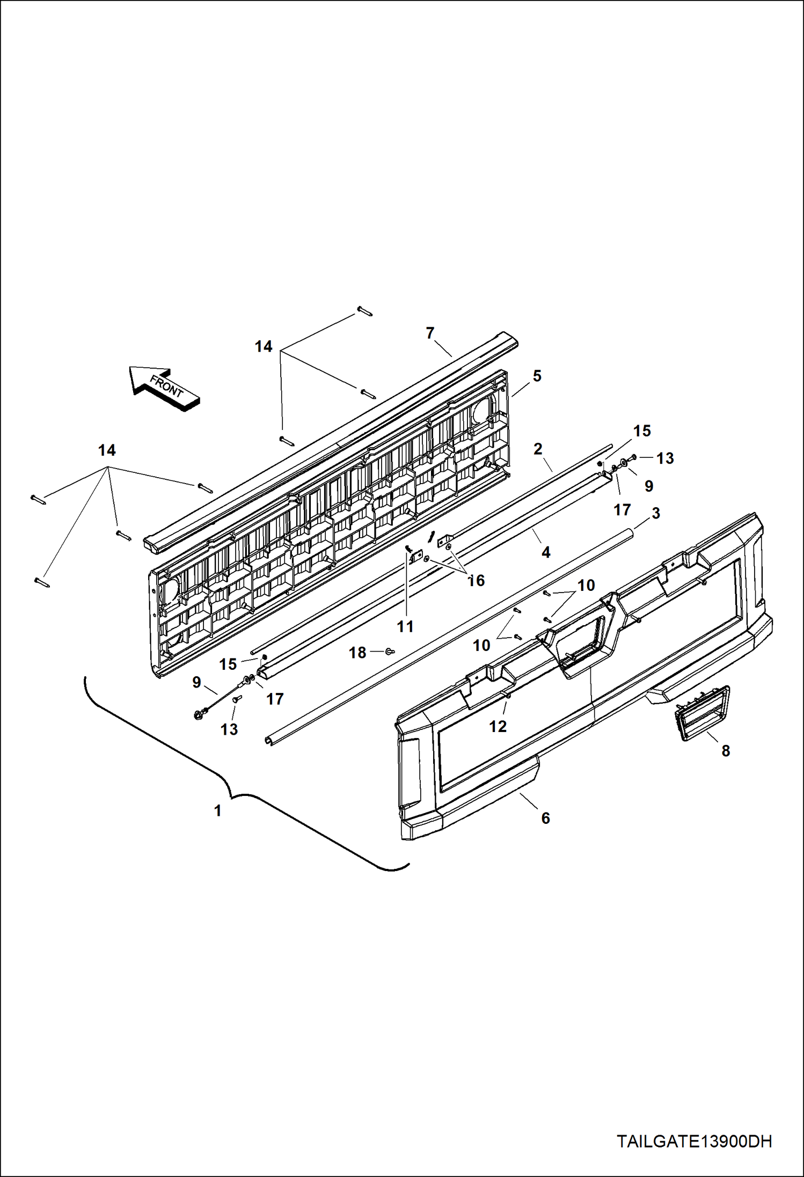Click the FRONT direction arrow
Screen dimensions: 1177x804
pyautogui.click(x=164, y=388)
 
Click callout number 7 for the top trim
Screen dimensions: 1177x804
pyautogui.click(x=429, y=333)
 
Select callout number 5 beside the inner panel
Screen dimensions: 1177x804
pyautogui.click(x=537, y=376)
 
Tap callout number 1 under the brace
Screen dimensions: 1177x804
pyautogui.click(x=217, y=810)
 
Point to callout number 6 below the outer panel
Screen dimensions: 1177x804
pyautogui.click(x=545, y=818)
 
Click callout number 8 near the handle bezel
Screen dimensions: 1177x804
pyautogui.click(x=726, y=751)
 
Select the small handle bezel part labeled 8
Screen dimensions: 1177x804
pyautogui.click(x=701, y=713)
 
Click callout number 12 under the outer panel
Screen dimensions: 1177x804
pyautogui.click(x=498, y=726)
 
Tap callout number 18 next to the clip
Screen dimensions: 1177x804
pyautogui.click(x=357, y=653)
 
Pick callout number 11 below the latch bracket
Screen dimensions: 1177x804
pyautogui.click(x=405, y=626)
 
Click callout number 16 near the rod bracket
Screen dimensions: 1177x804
pyautogui.click(x=476, y=580)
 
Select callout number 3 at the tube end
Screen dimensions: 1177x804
pyautogui.click(x=655, y=513)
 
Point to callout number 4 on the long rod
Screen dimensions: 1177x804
pyautogui.click(x=546, y=552)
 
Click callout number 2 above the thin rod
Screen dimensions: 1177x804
pyautogui.click(x=538, y=449)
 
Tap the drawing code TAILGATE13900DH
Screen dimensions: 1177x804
pyautogui.click(x=694, y=1142)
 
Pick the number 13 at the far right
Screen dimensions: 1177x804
pyautogui.click(x=665, y=458)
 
